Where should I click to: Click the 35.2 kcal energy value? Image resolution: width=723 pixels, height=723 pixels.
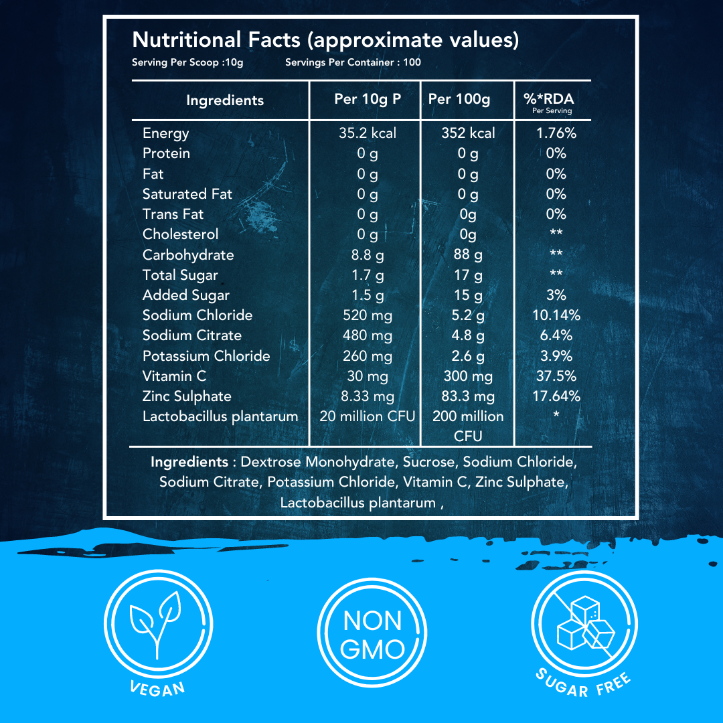[367, 133]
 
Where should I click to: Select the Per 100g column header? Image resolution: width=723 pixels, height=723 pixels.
[459, 99]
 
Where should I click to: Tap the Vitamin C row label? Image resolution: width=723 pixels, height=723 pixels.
[174, 376]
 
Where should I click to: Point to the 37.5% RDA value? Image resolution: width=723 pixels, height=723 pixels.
[556, 376]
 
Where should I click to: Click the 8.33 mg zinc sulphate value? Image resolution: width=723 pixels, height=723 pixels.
[367, 396]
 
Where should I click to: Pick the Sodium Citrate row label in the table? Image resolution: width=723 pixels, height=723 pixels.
[191, 335]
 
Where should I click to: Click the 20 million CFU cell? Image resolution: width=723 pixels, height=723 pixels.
[367, 416]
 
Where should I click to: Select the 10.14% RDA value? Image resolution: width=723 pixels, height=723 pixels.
[556, 315]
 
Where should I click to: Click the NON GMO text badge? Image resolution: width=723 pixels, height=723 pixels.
[373, 635]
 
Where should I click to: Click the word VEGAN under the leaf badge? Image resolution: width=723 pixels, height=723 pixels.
[157, 688]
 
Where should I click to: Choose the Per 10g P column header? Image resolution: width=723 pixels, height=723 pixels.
[367, 99]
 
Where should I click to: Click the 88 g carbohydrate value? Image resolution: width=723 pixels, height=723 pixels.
[467, 255]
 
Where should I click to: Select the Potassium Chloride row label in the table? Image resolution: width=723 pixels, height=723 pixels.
[206, 356]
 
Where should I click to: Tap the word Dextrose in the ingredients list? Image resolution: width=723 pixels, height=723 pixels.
[271, 462]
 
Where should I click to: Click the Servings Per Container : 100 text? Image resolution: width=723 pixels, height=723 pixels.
[353, 63]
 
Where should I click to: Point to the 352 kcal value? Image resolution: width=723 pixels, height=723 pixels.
[467, 133]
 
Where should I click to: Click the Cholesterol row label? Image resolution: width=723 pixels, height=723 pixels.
[180, 234]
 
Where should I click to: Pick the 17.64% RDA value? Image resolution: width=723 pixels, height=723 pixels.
[556, 396]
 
